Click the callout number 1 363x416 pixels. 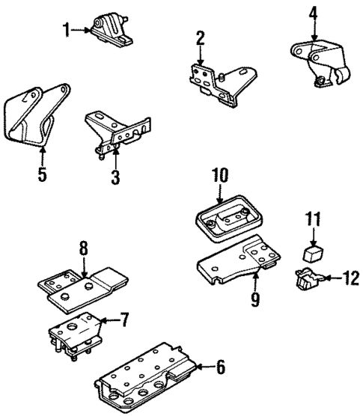[x=66, y=31]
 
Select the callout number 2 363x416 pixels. [x=201, y=38]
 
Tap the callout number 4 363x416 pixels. [x=314, y=13]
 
